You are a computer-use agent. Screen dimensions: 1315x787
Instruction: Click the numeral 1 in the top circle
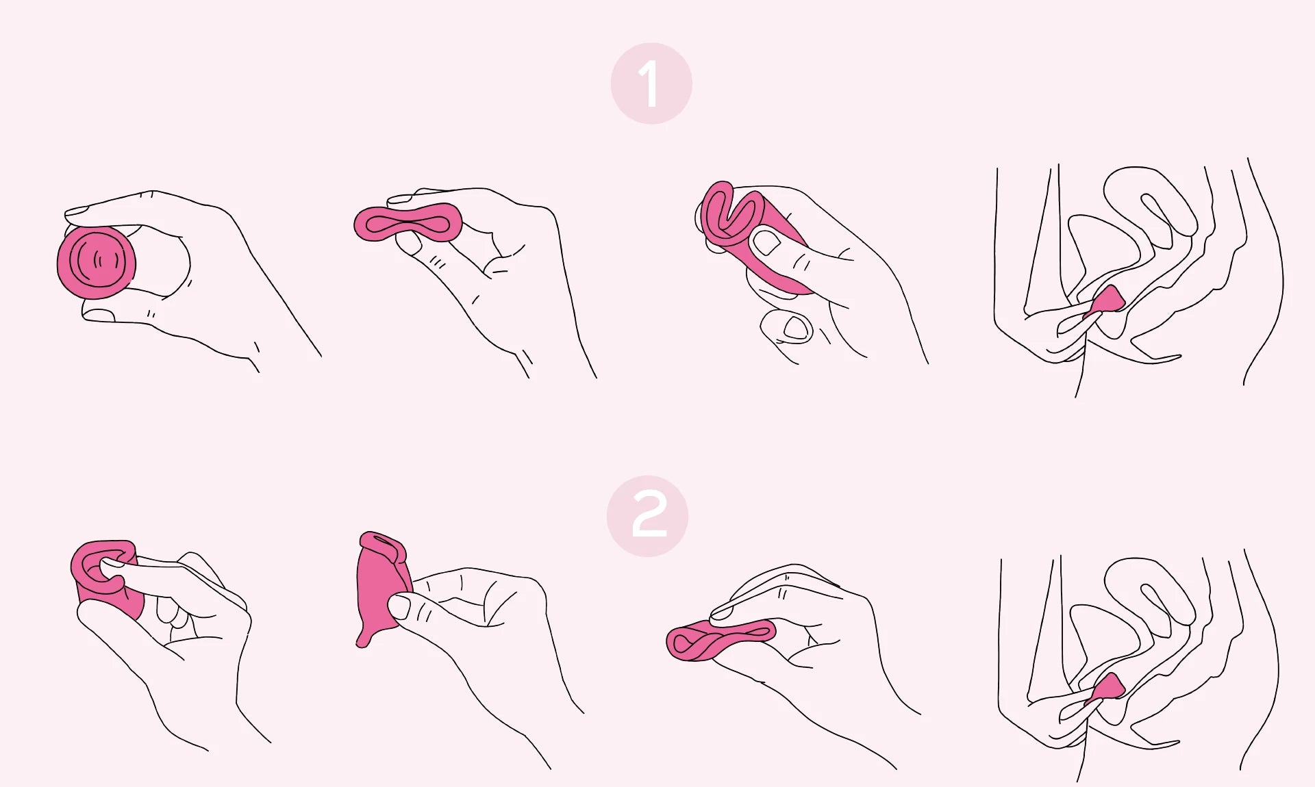coord(650,83)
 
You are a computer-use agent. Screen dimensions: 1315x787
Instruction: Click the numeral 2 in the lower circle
coord(648,516)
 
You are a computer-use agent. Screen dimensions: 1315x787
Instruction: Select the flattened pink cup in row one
coord(408,222)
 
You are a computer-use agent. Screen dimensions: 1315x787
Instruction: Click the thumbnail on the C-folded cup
coord(766,242)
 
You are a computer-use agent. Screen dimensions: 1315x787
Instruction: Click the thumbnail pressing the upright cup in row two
coord(399,604)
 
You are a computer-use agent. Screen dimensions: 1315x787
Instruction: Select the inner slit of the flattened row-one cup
coord(408,223)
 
